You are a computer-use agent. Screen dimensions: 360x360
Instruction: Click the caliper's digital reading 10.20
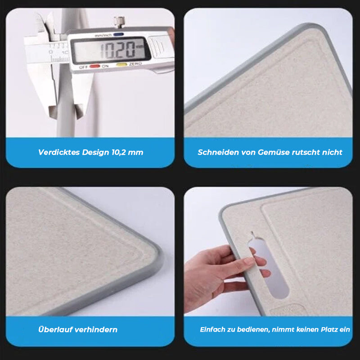pos(117,50)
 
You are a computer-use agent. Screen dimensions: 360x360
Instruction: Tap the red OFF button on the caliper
pos(94,66)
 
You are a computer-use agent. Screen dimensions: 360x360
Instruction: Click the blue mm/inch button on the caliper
pos(118,35)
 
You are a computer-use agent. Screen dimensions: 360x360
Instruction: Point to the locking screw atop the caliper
pos(119,22)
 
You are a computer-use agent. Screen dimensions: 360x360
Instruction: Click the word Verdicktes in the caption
pos(59,152)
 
